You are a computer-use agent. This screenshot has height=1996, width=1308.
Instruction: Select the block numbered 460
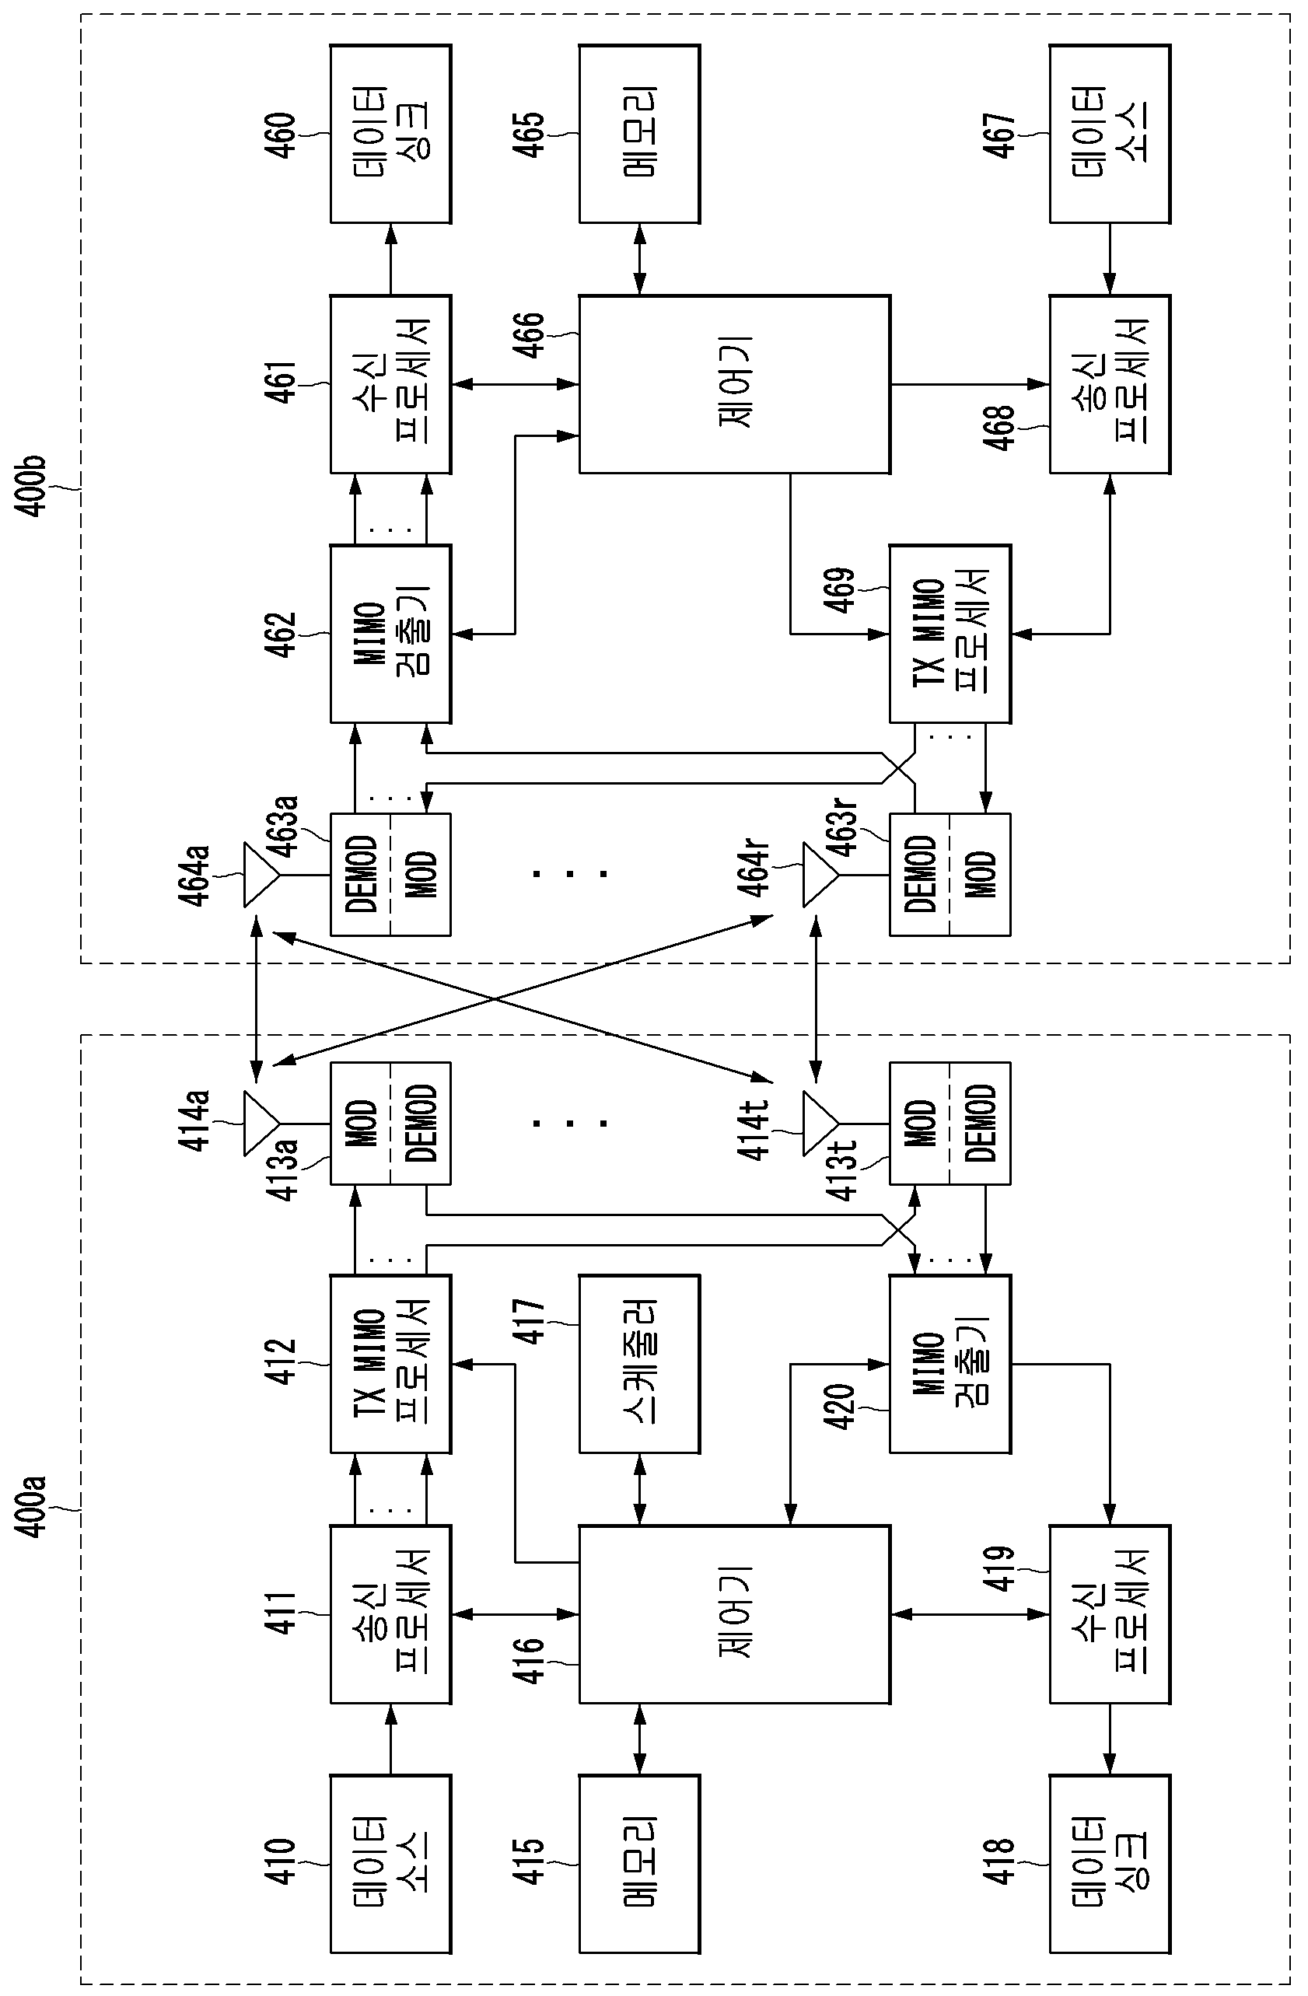tap(390, 135)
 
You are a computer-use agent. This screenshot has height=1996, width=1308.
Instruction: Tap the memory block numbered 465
tap(639, 135)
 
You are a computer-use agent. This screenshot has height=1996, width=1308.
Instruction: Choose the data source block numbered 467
tap(1110, 135)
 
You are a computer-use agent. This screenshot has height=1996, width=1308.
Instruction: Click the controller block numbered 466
tap(734, 384)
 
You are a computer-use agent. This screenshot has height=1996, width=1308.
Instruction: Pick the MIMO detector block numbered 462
tap(390, 634)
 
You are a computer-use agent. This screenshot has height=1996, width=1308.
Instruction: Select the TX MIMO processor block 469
tap(950, 634)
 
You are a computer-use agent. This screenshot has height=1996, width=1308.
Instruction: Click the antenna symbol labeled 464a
tap(261, 875)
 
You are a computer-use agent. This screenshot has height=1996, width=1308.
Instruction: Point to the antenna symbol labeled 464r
tap(820, 875)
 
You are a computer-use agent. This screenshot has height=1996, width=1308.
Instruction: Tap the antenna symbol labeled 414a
tap(261, 1123)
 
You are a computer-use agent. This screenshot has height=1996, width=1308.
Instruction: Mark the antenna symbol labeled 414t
tap(820, 1123)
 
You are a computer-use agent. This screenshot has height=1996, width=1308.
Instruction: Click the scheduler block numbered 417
tap(639, 1365)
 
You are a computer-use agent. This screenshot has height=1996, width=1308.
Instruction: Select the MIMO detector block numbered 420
tap(950, 1365)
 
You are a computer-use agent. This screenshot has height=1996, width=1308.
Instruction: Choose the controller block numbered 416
tap(734, 1614)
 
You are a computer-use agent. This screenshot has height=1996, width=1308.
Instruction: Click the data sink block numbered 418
tap(1110, 1864)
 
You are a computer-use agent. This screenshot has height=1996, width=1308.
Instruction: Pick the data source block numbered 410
tap(390, 1864)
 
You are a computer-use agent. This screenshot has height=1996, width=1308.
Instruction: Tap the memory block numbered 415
tap(639, 1864)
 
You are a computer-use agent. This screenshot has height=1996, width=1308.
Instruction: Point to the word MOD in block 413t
tap(922, 1123)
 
